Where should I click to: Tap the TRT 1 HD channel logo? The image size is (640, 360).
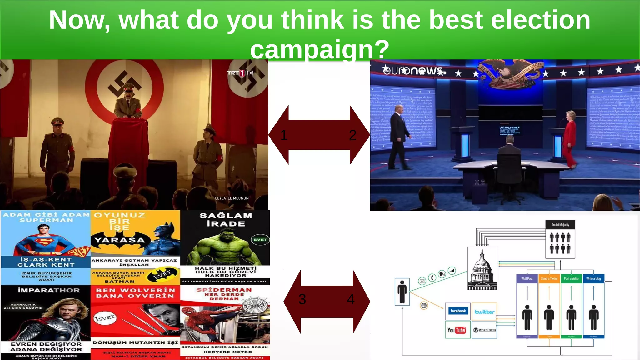click(x=240, y=73)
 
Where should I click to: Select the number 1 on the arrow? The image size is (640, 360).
click(x=284, y=135)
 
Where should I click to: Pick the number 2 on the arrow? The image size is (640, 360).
click(x=352, y=135)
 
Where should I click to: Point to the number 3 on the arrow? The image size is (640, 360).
click(x=302, y=299)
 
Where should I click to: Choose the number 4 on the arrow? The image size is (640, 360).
click(x=351, y=299)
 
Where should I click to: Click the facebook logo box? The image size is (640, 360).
click(x=458, y=311)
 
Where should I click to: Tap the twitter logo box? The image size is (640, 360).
click(x=484, y=312)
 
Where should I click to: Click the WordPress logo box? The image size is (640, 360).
click(x=484, y=330)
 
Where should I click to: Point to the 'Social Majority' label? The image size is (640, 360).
click(x=560, y=225)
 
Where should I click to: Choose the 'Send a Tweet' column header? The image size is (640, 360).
click(x=549, y=278)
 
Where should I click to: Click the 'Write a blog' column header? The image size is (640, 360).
click(x=593, y=278)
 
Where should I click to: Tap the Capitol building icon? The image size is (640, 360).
click(x=482, y=268)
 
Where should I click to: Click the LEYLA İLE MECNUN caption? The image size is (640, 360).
click(x=232, y=198)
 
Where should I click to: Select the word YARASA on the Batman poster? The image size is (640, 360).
click(x=120, y=240)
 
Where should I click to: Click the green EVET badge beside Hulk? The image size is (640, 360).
click(x=260, y=240)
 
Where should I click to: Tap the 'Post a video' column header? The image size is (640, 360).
click(x=571, y=278)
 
